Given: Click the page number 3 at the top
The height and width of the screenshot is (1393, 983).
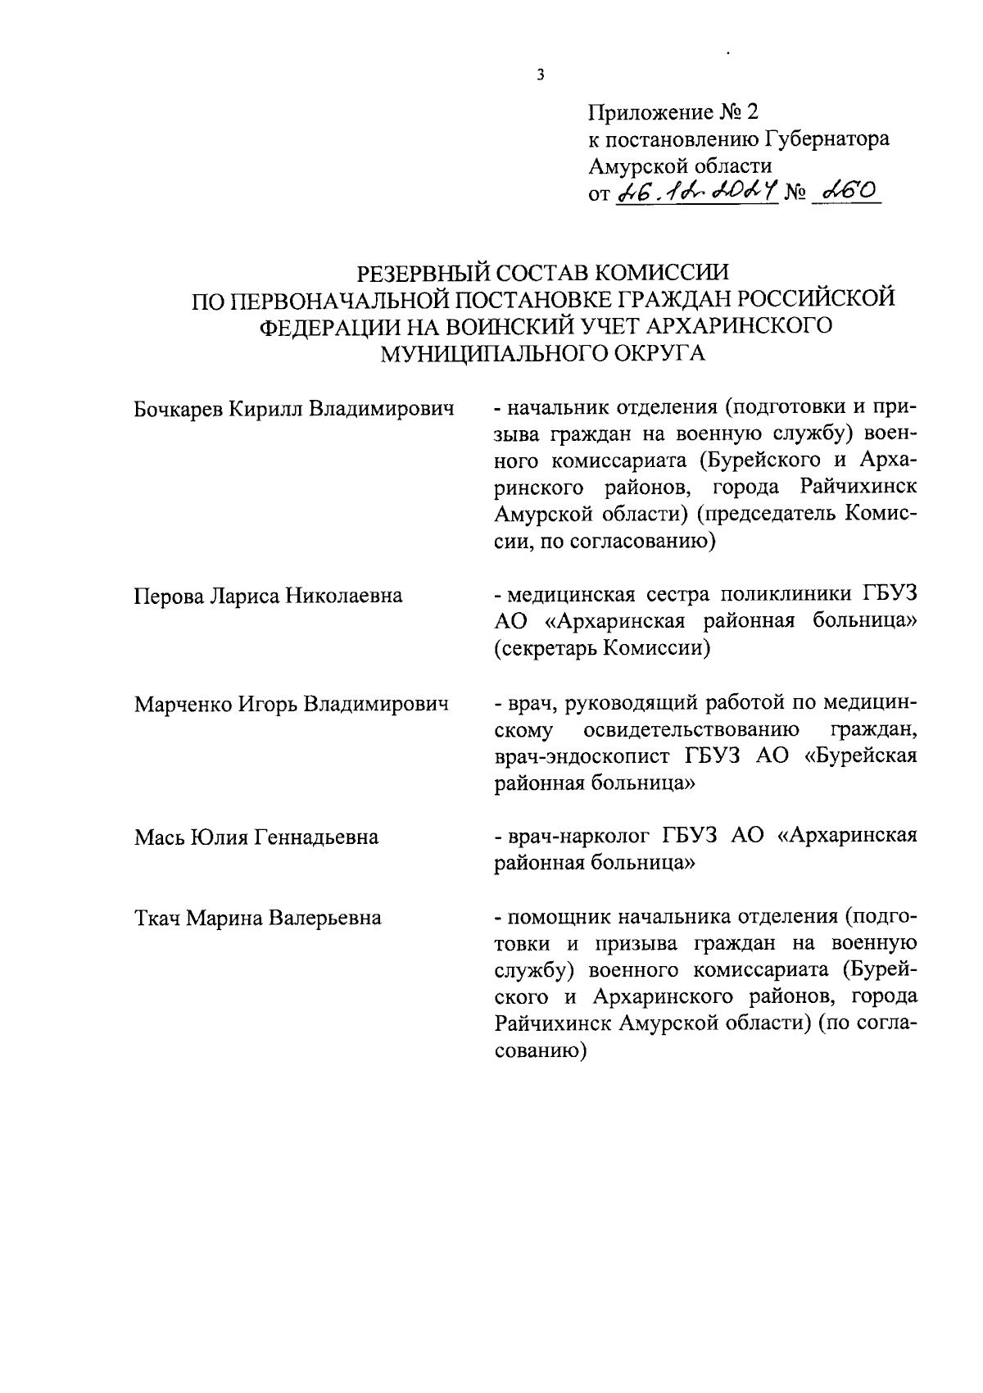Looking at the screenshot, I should click(539, 75).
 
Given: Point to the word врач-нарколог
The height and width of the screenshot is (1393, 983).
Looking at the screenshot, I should click(575, 837).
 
